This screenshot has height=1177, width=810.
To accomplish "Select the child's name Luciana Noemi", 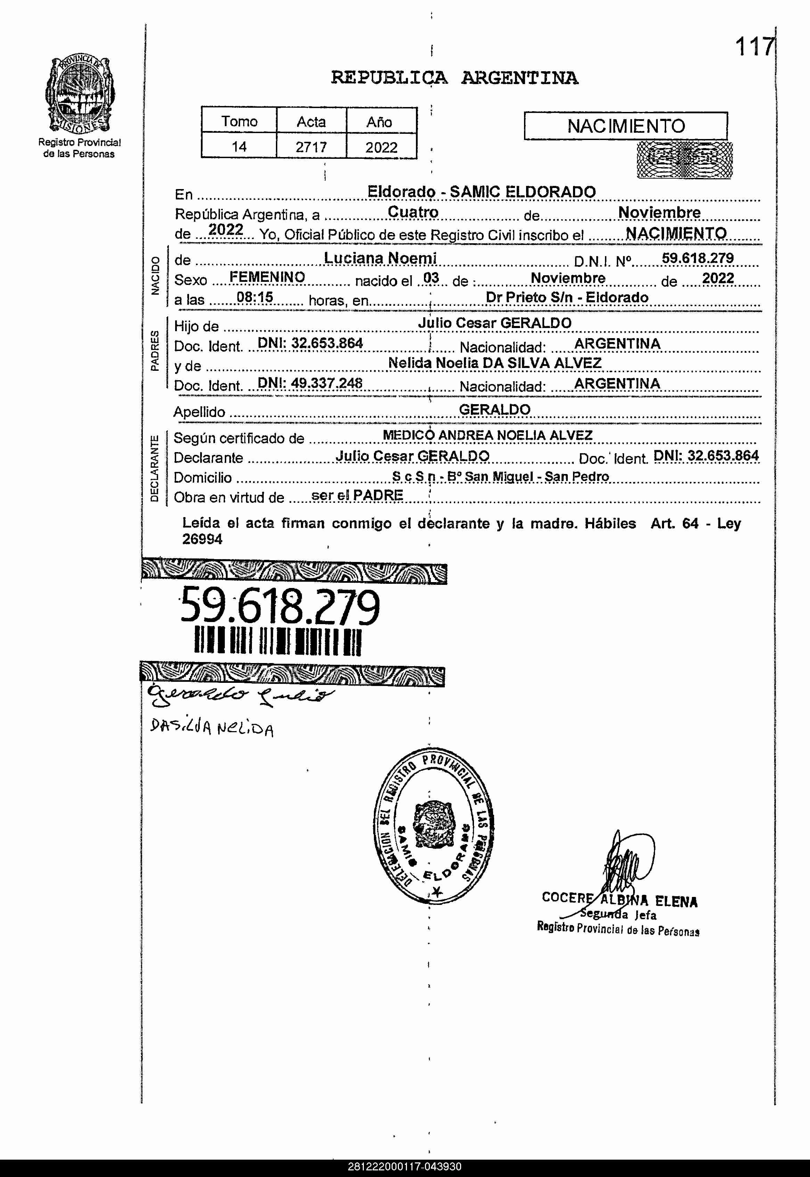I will click(380, 258).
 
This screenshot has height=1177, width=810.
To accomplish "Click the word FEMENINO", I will click(267, 277).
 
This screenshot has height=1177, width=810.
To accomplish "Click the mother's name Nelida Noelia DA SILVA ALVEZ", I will click(494, 363).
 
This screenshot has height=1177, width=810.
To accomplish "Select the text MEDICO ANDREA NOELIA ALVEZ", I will click(487, 435).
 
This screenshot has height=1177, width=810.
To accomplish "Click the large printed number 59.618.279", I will click(280, 606).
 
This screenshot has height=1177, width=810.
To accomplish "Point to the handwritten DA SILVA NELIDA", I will click(212, 729).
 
